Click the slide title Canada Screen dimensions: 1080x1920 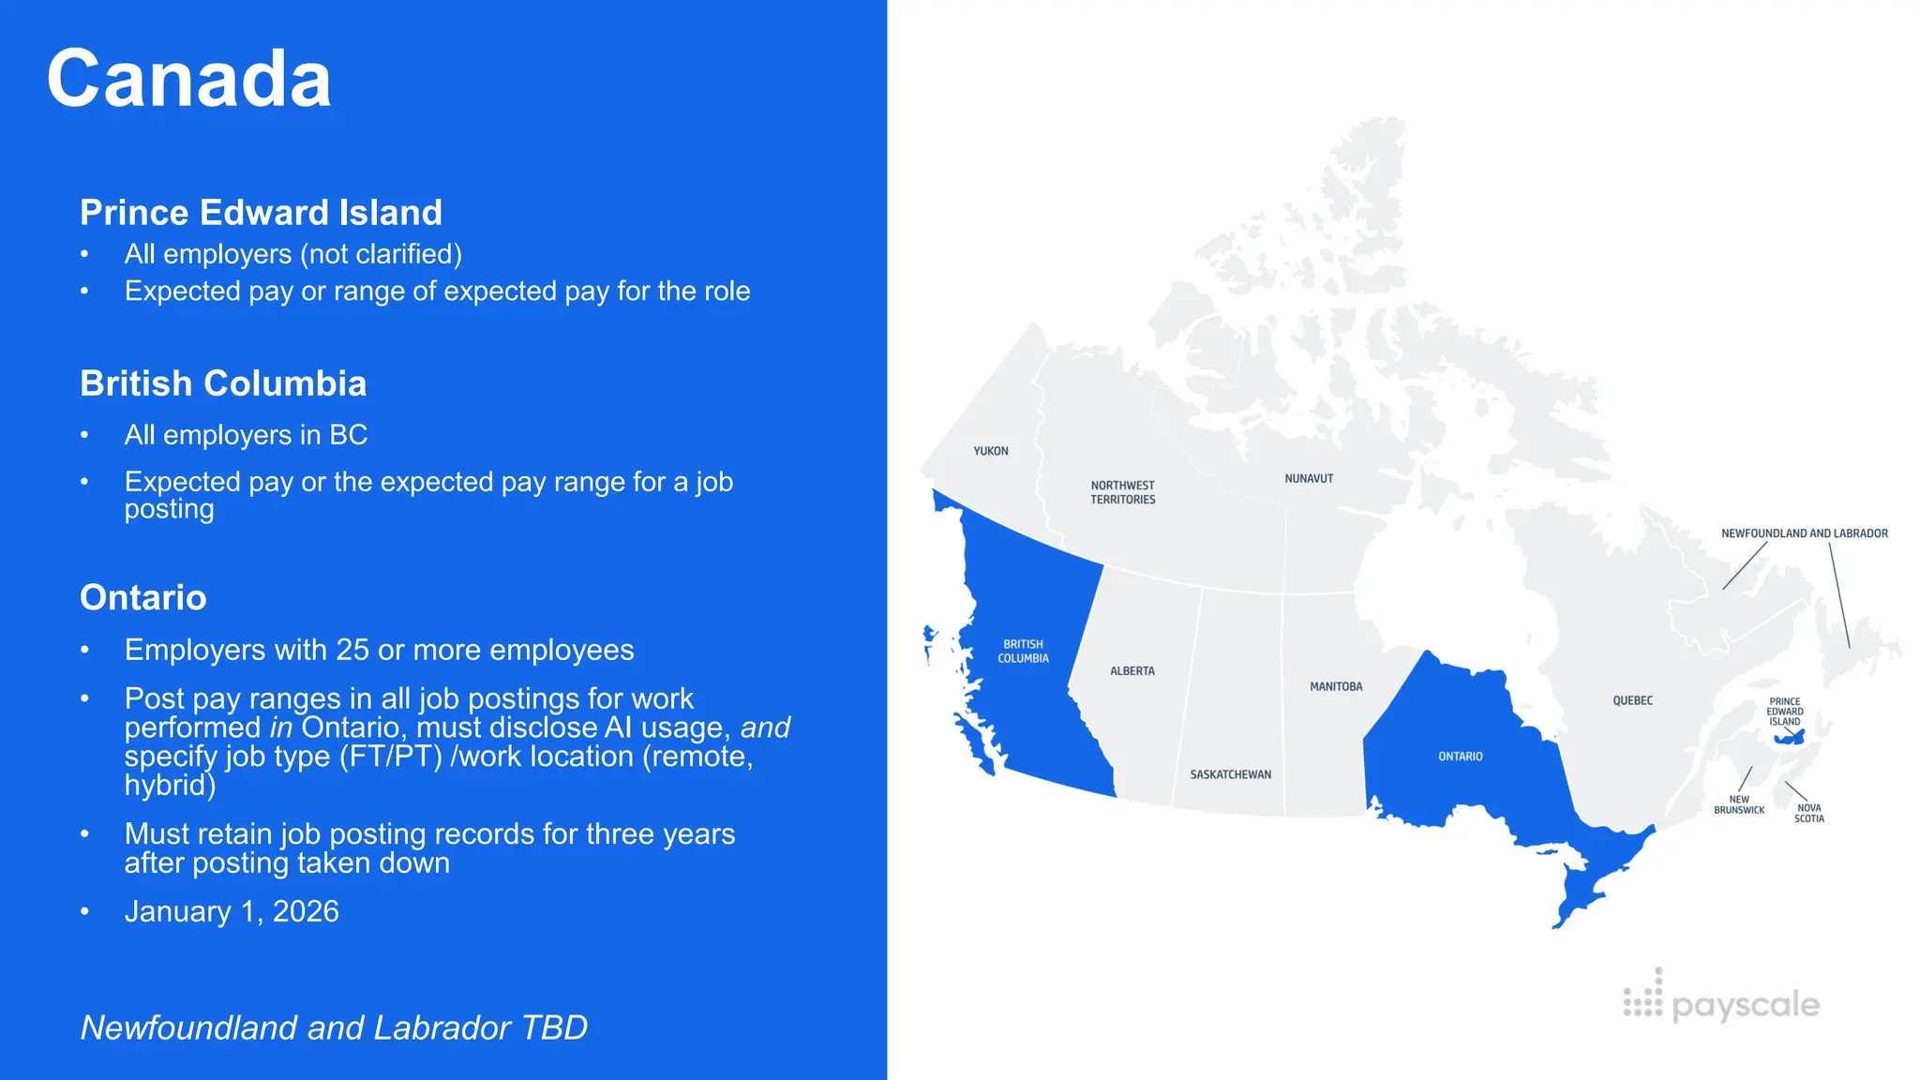[188, 79]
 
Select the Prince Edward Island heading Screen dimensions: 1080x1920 [261, 213]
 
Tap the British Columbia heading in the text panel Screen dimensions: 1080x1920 [223, 383]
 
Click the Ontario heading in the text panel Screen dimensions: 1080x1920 [143, 597]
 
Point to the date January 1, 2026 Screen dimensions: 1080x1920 [232, 911]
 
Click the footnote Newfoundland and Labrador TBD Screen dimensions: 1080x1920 [334, 1027]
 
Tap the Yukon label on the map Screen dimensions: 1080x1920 [990, 451]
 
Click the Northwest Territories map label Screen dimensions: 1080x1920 [1122, 492]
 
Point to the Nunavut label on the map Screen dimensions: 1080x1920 [1309, 478]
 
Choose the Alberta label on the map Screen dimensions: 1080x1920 [1132, 671]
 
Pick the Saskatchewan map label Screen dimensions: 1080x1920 [1230, 774]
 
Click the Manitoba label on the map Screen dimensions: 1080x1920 [1336, 686]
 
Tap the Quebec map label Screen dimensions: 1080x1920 [1632, 700]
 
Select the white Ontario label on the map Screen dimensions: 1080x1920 [1460, 757]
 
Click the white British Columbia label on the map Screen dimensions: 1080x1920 [1023, 651]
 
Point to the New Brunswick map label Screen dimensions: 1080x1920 [1738, 804]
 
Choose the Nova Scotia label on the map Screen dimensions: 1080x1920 [1808, 813]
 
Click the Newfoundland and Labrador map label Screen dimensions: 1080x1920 [1804, 533]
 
